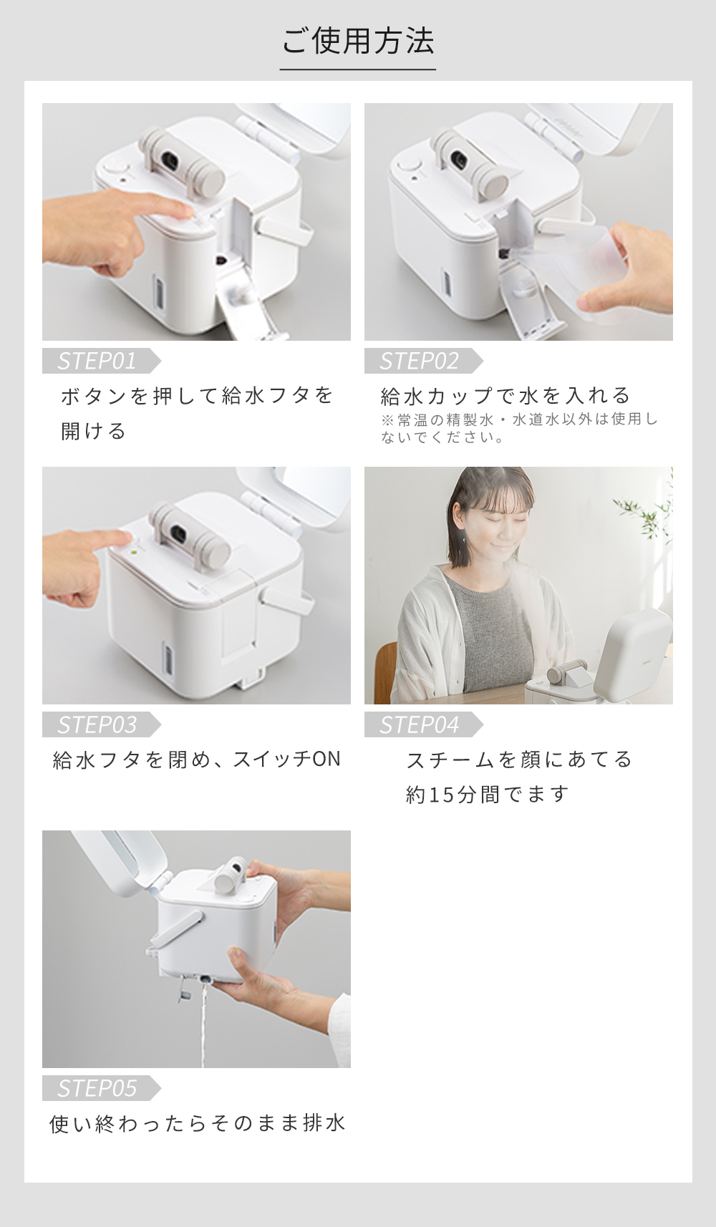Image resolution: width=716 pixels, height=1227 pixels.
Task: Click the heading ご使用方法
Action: (358, 41)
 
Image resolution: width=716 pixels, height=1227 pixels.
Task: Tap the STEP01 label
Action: (97, 361)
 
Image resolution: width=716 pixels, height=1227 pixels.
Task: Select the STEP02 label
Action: (419, 361)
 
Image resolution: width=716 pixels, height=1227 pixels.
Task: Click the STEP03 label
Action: (97, 724)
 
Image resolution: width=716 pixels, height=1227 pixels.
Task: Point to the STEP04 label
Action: (419, 724)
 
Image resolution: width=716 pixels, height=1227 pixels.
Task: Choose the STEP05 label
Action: (97, 1088)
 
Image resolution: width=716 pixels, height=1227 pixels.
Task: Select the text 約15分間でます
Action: (487, 795)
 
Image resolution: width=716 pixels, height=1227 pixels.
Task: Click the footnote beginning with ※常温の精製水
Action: (519, 428)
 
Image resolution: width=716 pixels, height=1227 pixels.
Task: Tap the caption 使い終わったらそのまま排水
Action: (197, 1123)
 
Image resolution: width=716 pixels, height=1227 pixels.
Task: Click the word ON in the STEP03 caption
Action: (326, 760)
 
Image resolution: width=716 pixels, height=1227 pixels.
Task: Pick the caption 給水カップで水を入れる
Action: (505, 395)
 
